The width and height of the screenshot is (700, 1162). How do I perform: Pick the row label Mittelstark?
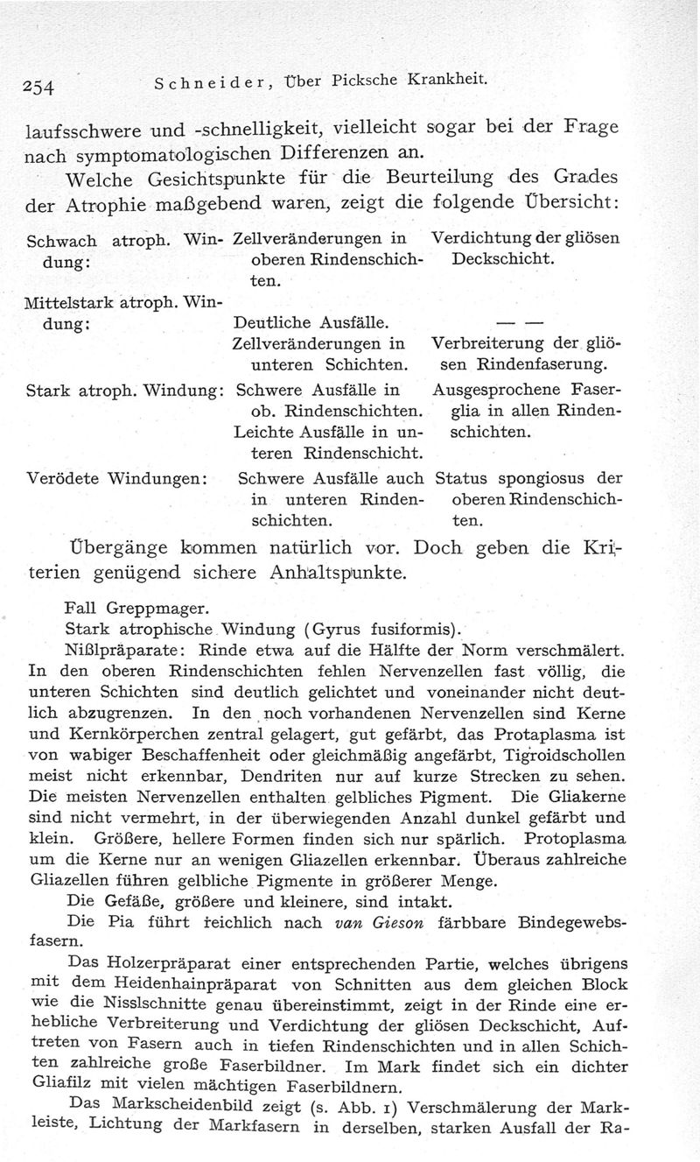(x=66, y=303)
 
